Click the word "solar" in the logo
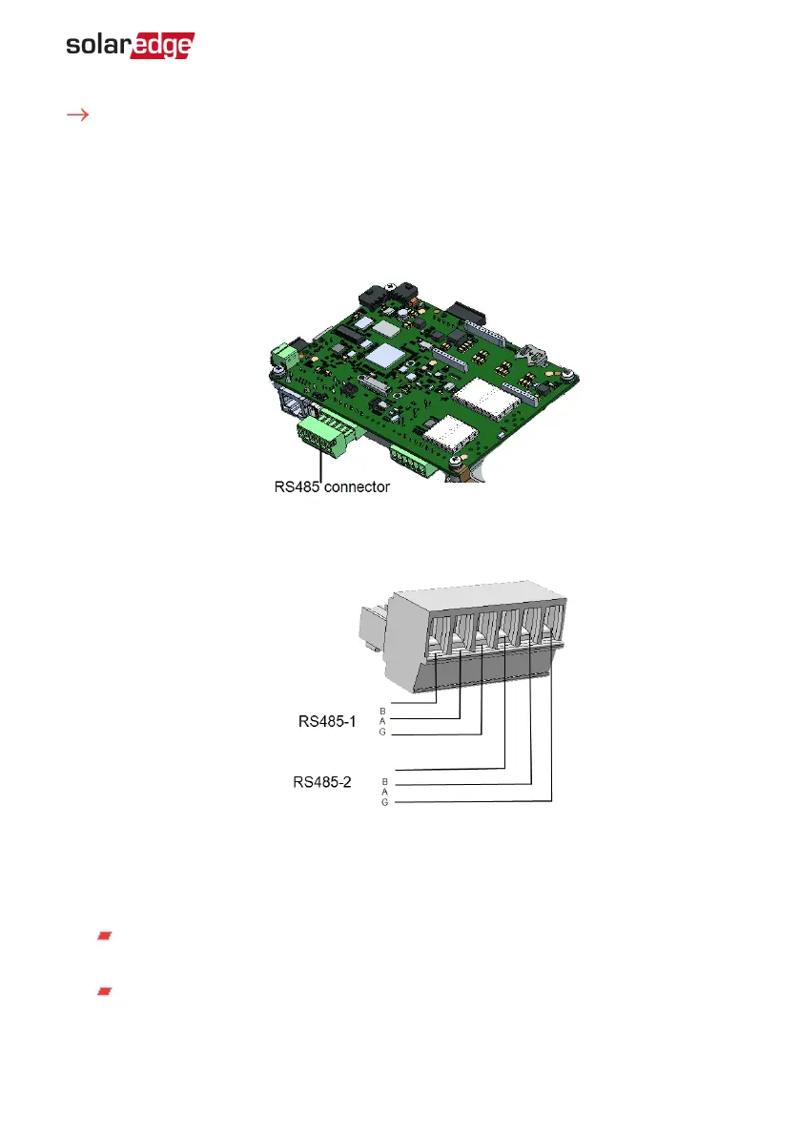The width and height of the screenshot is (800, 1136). pos(98,44)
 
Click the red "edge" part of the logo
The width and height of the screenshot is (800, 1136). pos(163,46)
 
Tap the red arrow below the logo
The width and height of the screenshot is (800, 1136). pos(77,114)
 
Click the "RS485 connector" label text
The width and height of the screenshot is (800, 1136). pos(332,486)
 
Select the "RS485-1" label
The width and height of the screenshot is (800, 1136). pos(327,722)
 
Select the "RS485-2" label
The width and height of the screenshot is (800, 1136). pos(322,782)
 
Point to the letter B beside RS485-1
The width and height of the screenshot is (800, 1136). pos(383,712)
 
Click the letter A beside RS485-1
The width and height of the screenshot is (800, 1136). pos(383,722)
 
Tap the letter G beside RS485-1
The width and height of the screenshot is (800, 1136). pos(383,732)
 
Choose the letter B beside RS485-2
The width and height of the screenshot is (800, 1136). pos(385,782)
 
